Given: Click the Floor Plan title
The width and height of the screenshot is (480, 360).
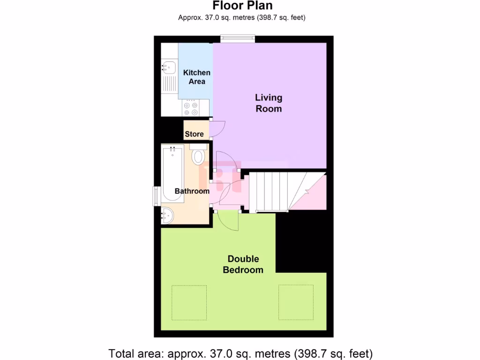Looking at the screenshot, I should [242, 6].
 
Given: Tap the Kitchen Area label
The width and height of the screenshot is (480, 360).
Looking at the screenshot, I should [196, 77].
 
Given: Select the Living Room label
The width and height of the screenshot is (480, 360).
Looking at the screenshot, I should [269, 103].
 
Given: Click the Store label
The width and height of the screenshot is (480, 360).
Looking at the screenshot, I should [194, 134].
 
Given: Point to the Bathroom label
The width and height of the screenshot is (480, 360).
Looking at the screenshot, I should [192, 191].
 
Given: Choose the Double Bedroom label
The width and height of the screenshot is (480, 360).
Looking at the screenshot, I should [243, 264].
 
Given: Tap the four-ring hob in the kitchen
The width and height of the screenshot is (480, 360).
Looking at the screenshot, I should [191, 108].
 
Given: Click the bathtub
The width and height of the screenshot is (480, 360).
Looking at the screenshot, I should [172, 173].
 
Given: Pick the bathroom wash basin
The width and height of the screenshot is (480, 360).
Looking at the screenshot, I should [167, 215].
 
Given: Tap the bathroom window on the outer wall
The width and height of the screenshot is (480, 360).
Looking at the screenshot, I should [157, 196].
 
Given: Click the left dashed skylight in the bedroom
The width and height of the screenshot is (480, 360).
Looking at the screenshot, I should [189, 302].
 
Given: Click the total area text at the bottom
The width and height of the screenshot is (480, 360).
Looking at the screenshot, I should [240, 353].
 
